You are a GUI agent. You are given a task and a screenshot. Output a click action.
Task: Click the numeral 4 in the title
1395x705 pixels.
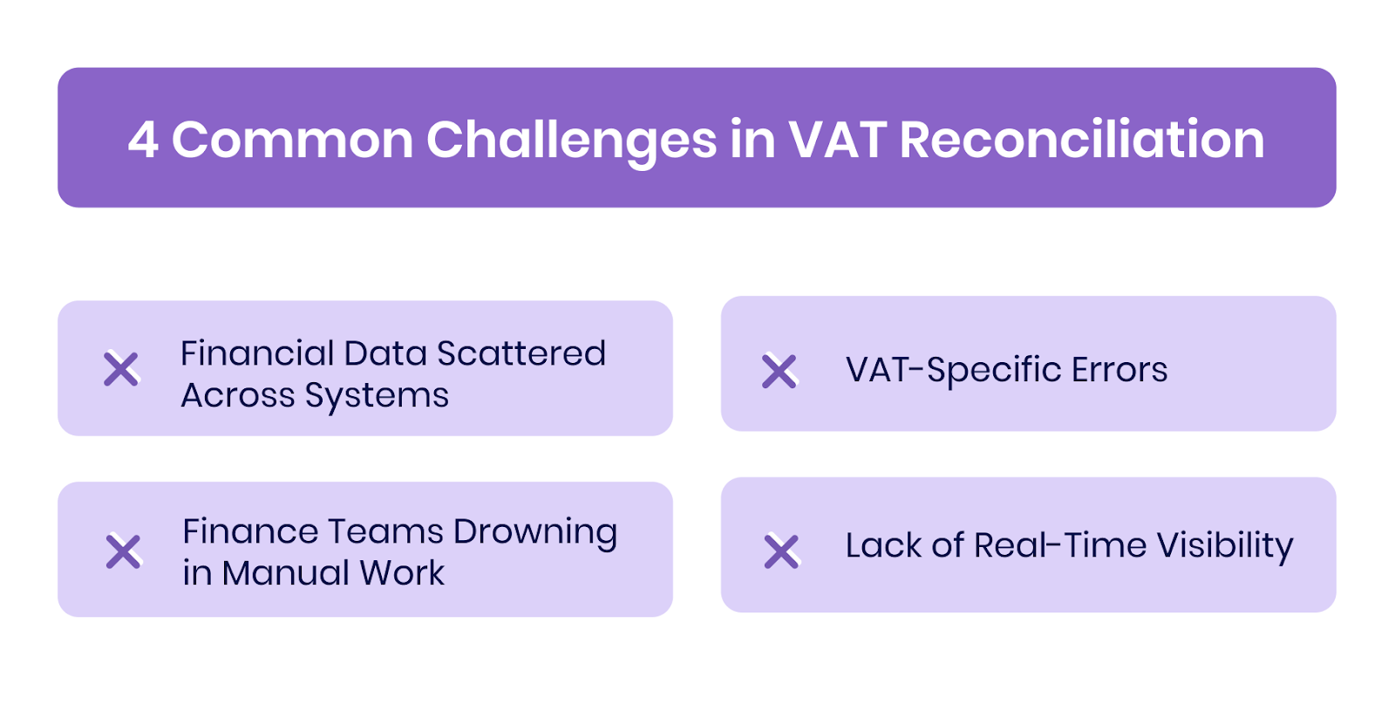tap(143, 140)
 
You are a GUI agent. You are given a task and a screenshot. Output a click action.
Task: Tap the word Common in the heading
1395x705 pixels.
tap(292, 140)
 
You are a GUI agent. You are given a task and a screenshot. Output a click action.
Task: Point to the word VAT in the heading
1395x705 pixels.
tap(837, 140)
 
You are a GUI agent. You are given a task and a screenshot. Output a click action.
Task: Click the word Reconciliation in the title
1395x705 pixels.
tap(1081, 140)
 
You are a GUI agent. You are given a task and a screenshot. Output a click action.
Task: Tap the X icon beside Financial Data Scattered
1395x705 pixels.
tap(121, 369)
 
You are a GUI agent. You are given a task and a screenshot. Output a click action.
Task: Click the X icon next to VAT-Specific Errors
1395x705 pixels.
tap(779, 371)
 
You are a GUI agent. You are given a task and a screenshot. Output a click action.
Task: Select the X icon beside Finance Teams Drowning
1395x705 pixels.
tap(123, 551)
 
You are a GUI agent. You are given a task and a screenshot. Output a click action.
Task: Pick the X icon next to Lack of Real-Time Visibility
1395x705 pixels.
tap(781, 551)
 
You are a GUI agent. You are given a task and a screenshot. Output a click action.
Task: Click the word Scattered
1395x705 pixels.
tap(521, 353)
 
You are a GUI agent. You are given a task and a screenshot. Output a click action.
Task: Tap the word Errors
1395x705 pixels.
tap(1119, 370)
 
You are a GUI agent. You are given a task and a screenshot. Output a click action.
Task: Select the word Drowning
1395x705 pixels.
tap(534, 532)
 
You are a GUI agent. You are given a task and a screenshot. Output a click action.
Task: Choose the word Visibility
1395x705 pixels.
tap(1225, 546)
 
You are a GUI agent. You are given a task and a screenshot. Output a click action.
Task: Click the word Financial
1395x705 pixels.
tap(257, 353)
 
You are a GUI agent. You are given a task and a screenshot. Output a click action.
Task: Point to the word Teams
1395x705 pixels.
tap(387, 531)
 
